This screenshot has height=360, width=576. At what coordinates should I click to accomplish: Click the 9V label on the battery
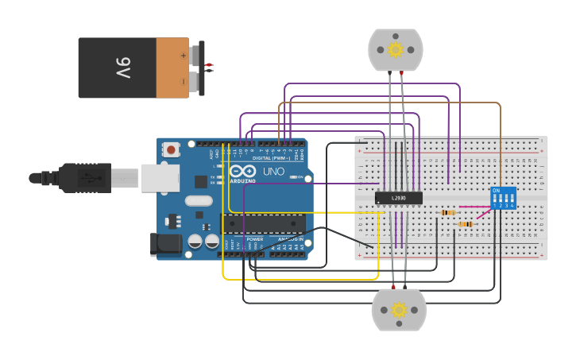coord(123,68)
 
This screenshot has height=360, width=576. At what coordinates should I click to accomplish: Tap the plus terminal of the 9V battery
coord(184,56)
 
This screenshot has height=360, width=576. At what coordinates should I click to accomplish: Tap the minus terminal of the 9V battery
coord(184,81)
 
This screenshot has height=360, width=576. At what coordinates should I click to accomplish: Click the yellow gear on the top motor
coord(395,50)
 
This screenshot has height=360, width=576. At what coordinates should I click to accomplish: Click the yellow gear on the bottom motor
coord(399,310)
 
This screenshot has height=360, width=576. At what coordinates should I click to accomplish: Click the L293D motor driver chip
coord(399,197)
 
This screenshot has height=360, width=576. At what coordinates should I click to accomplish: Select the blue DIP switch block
coord(503,198)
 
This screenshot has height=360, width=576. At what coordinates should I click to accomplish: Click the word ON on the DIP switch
coord(496,191)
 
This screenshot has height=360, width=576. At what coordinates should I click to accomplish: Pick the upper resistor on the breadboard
coord(448,212)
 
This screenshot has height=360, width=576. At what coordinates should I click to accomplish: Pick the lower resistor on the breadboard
coord(466,224)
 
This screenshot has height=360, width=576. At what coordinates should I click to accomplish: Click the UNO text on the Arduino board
coord(273,172)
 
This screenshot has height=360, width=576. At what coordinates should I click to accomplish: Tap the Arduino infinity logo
coord(242,171)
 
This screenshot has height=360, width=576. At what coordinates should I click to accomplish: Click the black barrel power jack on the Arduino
coord(165,244)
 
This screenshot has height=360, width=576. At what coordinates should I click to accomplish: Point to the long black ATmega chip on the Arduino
coord(262,224)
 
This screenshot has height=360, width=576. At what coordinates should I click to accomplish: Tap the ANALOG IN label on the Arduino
coord(287,239)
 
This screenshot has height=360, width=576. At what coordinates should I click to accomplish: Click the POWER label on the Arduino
coord(254,239)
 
